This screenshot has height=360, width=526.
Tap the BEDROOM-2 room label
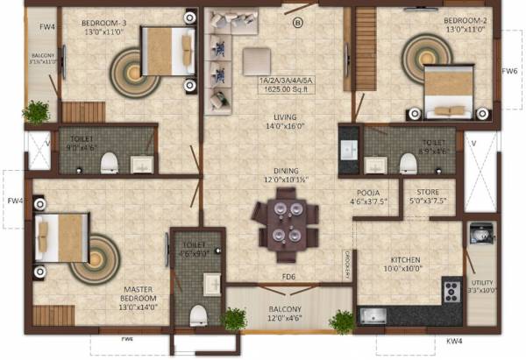click(466, 19)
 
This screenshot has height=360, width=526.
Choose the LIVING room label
click(284, 116)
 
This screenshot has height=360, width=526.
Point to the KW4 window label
click(454, 339)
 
